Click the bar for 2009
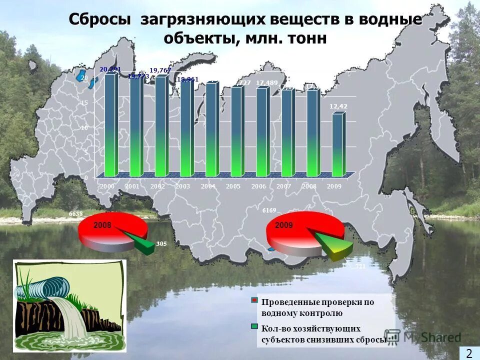[x=337, y=145]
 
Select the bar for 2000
[x=109, y=125]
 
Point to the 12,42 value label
[x=338, y=106]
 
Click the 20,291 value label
[x=110, y=69]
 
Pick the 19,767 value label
[x=160, y=70]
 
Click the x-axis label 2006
[x=258, y=186]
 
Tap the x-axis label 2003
[x=183, y=186]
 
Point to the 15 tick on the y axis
[x=84, y=103]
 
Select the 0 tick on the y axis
[x=86, y=177]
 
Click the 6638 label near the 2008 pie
[x=75, y=214]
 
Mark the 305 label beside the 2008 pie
[x=161, y=244]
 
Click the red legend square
[x=254, y=300]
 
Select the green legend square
[x=254, y=327]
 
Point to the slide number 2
[x=469, y=353]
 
